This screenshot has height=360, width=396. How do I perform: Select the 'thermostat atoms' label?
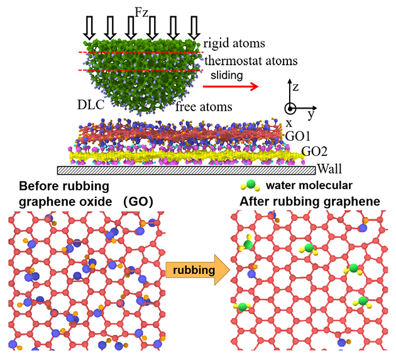tap(251, 62)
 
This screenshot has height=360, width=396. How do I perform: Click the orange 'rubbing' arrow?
tap(191, 270)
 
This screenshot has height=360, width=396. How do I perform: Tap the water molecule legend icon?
tap(249, 186)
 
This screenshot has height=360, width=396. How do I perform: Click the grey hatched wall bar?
tap(186, 170)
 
